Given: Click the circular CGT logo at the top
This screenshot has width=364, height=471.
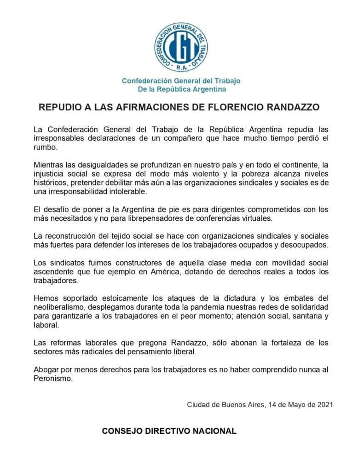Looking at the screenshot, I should click(181, 47).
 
